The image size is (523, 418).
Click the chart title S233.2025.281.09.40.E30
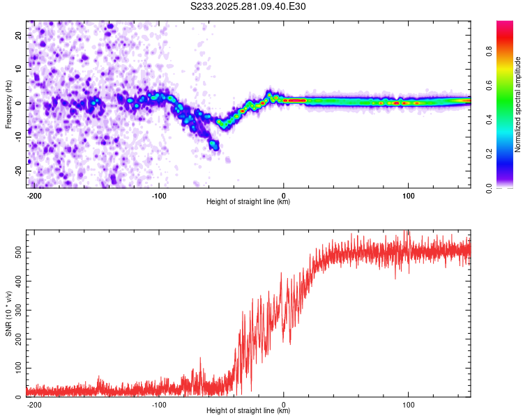pos(248,6)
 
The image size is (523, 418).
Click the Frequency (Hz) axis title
pos(8,104)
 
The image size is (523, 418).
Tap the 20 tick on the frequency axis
pos(19,35)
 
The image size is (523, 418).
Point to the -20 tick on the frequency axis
pos(17,171)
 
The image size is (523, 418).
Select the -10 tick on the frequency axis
pos(17,137)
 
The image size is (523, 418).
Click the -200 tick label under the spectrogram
pos(34,194)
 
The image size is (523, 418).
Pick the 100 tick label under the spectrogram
pos(409,194)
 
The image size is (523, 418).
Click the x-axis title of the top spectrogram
pos(248,202)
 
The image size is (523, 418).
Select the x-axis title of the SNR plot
pos(248,411)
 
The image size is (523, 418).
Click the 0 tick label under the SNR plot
pos(284,404)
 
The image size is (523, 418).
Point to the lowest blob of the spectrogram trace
pos(214,146)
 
